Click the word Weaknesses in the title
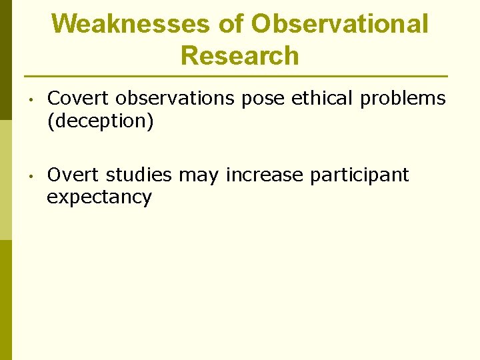131,24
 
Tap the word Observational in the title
340,24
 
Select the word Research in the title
240,56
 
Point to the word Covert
79,99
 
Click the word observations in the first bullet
175,99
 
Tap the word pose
263,99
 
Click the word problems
403,99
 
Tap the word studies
139,175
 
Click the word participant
359,176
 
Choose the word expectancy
99,198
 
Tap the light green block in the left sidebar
5,179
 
